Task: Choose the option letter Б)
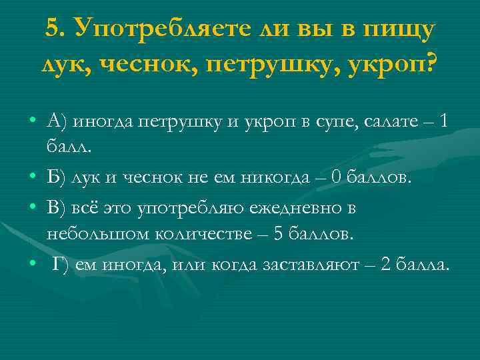coord(56,178)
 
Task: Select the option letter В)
coord(57,207)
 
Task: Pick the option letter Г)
coord(61,264)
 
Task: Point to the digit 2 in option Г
coord(385,264)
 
